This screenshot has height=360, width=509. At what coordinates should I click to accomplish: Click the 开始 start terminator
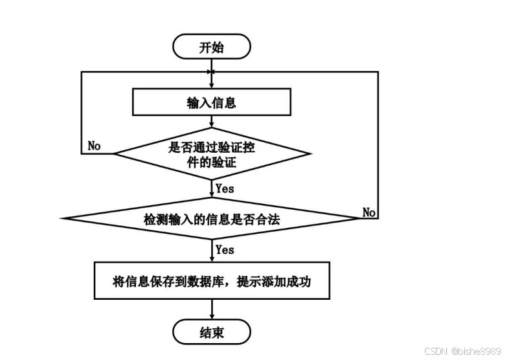coord(211,47)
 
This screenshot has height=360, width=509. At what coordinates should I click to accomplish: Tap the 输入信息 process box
coord(211,102)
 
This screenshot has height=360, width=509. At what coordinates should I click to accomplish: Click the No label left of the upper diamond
coord(95,146)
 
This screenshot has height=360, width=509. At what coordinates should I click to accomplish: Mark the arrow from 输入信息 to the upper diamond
coord(211,121)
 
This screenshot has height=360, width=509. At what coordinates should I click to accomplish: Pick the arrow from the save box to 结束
coord(211,311)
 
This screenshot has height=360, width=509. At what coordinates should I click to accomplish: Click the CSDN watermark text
coord(438,351)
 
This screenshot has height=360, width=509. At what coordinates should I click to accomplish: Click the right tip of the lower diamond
coord(361,218)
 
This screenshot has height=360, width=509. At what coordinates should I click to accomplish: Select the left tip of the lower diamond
coord(62,218)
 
